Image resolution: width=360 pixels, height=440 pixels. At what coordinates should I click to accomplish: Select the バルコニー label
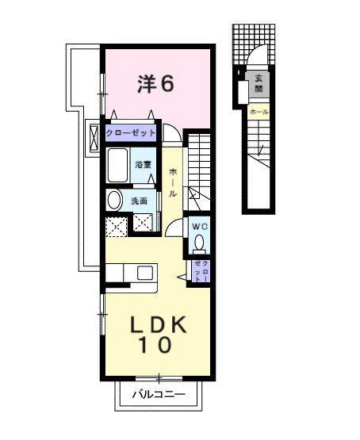click(159, 394)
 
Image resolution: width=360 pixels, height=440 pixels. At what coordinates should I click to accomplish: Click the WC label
click(198, 225)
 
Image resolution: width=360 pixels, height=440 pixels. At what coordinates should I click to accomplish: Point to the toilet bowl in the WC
click(199, 243)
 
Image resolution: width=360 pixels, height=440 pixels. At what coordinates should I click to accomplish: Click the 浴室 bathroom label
click(143, 165)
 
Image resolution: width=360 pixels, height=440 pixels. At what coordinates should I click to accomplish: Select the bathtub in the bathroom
click(118, 165)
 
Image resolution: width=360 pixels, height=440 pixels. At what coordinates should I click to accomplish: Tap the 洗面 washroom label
click(140, 201)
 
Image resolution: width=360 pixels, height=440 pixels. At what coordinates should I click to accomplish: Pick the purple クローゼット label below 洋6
click(131, 132)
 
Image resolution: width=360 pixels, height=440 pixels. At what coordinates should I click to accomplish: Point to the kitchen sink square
click(144, 273)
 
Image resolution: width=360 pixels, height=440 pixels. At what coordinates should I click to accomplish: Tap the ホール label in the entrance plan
click(259, 113)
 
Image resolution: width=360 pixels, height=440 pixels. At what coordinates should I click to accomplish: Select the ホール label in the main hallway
click(172, 182)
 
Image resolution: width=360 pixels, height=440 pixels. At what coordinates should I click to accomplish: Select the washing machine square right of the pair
click(144, 225)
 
